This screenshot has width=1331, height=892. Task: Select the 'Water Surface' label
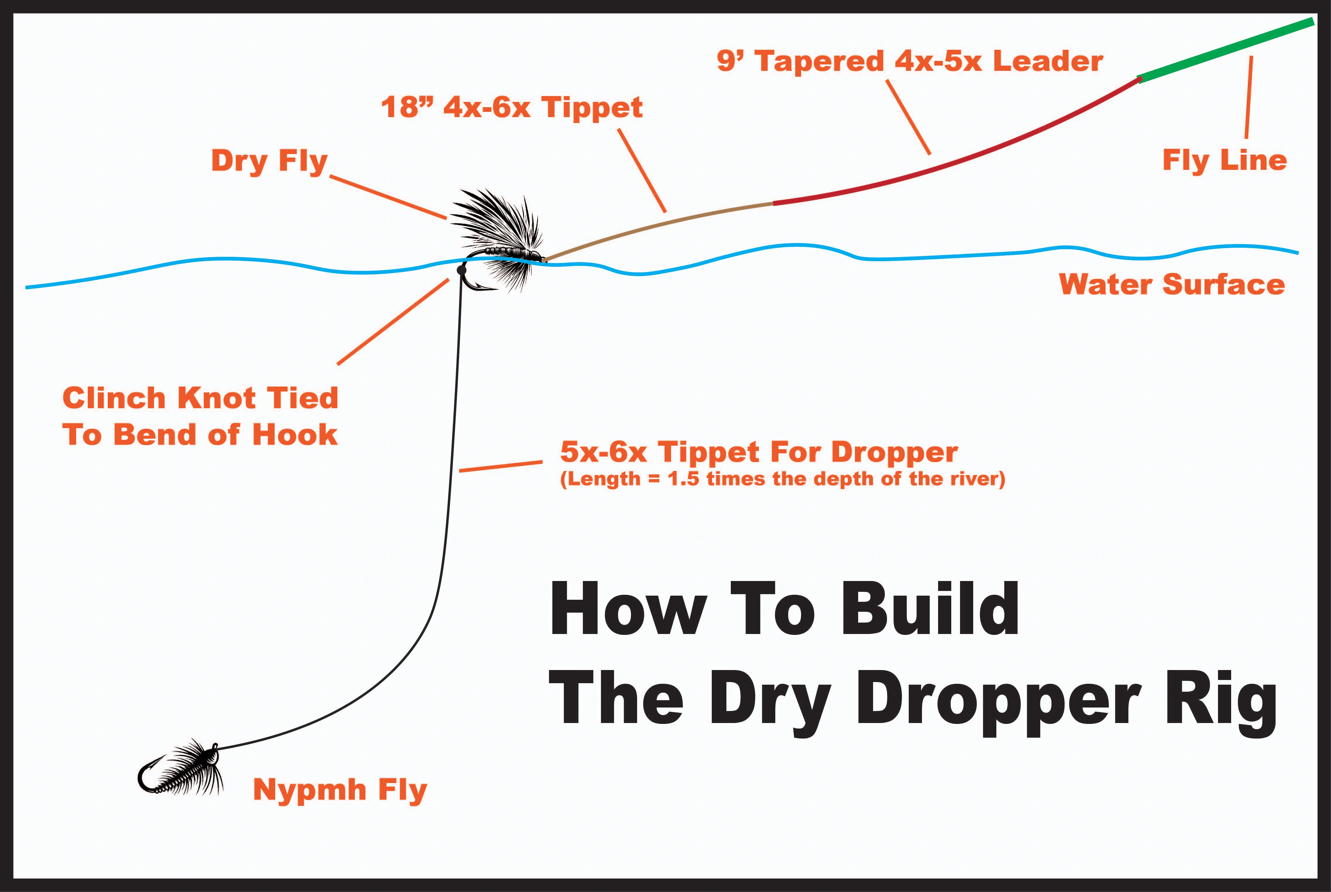(x=1172, y=284)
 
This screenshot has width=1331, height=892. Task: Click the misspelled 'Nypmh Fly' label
(x=340, y=790)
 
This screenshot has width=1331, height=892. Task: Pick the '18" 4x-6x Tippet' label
(x=512, y=107)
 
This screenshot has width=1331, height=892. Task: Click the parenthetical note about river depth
(x=783, y=479)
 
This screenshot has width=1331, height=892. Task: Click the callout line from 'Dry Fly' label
(x=388, y=197)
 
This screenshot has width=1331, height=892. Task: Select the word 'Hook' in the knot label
(x=295, y=435)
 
